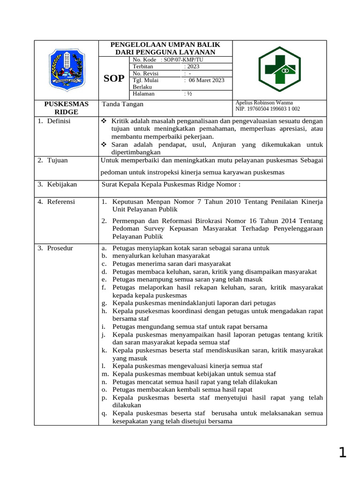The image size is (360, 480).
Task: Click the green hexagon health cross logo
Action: point(280,69)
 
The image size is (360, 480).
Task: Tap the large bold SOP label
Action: point(113,78)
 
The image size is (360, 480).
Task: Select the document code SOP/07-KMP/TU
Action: point(183,60)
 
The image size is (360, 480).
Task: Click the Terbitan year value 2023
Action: point(193,67)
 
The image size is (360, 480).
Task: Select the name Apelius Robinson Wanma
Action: point(264,103)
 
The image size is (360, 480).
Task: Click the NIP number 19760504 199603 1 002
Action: point(267,109)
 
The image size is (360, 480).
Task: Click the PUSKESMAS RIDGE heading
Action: point(66,108)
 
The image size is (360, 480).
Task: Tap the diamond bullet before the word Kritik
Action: point(105,121)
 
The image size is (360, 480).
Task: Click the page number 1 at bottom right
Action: point(342,452)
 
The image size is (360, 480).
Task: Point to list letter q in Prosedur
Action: point(103,413)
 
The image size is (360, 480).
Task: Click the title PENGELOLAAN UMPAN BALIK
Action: point(165,45)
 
